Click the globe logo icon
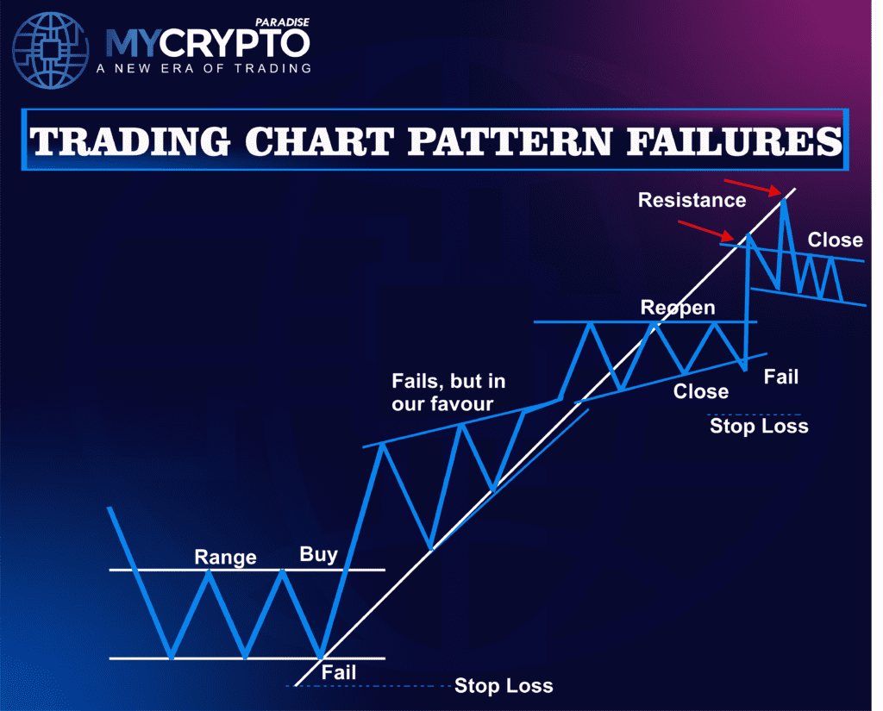coord(51,51)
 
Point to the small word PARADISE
coord(284,20)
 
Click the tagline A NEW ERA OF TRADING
coord(207,68)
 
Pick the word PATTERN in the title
coord(486,143)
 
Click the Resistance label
coord(692,200)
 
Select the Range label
coord(225,557)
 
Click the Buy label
coord(318,554)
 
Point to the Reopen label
coord(678,308)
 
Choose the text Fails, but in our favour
coord(448,391)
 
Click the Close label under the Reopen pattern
coord(700,391)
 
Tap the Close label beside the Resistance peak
coord(835,240)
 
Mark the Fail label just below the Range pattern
coord(338,671)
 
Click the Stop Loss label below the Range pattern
coord(504,686)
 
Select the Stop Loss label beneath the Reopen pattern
coord(759,425)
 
